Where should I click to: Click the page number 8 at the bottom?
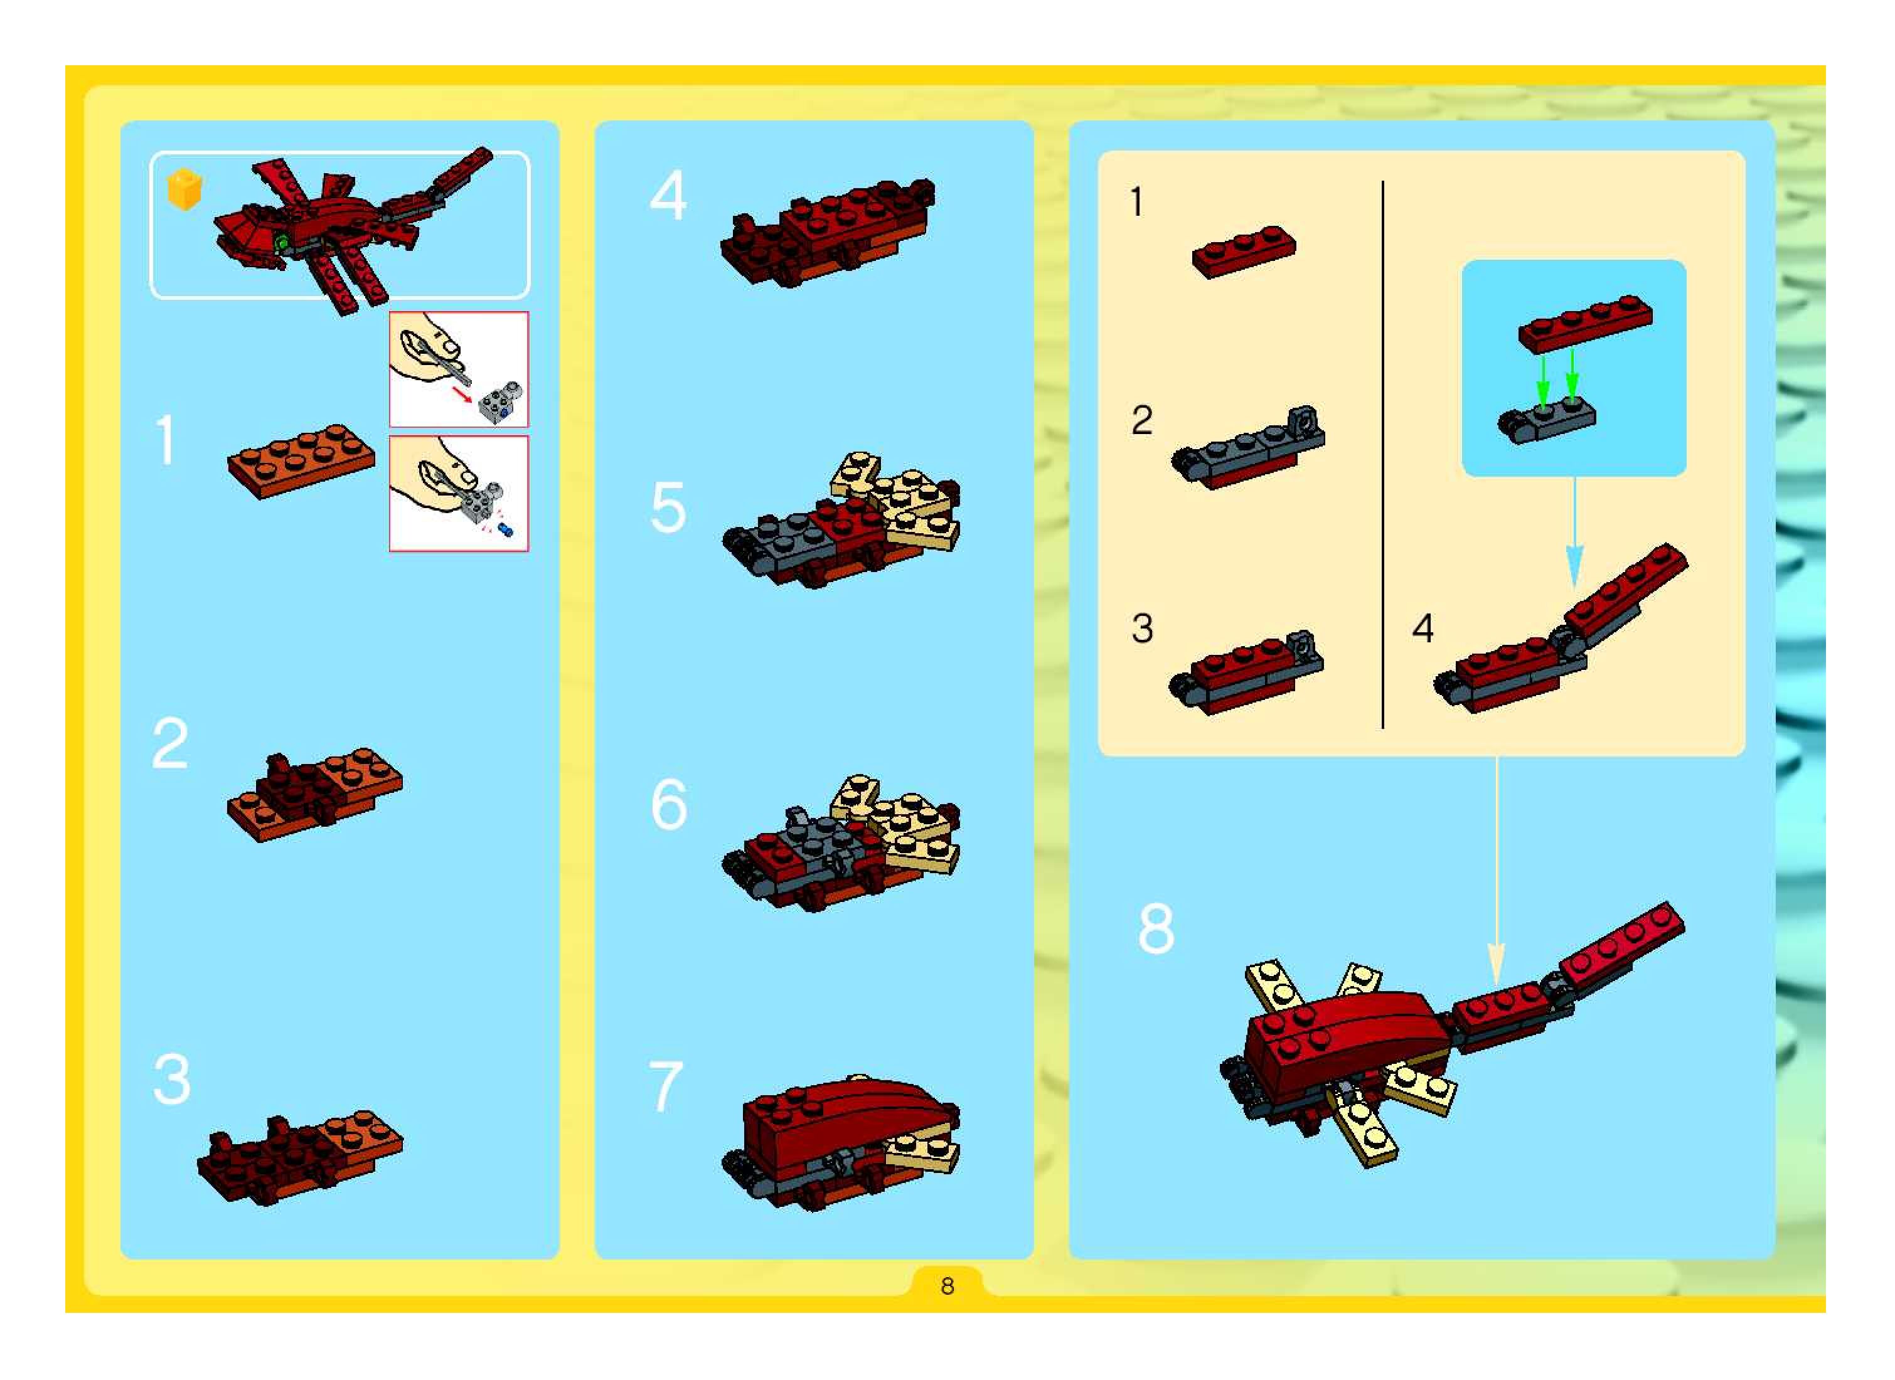(947, 1286)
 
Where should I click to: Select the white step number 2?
(171, 743)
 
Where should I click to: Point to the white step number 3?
(172, 1080)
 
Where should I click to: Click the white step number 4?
(668, 196)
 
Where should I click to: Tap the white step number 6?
(670, 804)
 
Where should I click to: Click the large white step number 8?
(1156, 928)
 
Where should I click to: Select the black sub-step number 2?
(1142, 420)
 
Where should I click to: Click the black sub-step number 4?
(1423, 628)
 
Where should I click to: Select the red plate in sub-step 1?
(1244, 252)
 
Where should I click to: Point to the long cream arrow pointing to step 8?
(1497, 872)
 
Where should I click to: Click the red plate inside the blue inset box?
(1585, 323)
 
